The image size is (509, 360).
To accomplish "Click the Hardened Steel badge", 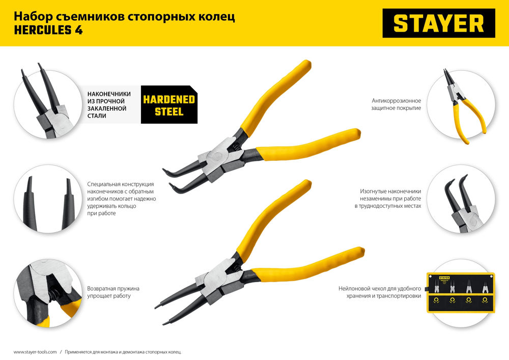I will pyautogui.click(x=169, y=105).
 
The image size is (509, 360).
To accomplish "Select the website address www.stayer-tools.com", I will pyautogui.click(x=35, y=352).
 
